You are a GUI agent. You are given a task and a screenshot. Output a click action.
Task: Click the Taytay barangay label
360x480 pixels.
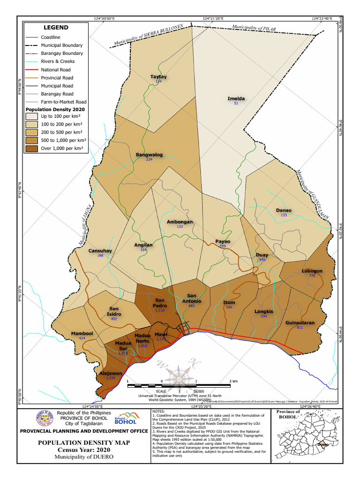click(x=158, y=77)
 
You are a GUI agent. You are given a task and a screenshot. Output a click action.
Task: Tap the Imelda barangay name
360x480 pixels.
click(x=236, y=98)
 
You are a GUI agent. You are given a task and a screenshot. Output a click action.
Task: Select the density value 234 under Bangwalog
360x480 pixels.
click(x=149, y=160)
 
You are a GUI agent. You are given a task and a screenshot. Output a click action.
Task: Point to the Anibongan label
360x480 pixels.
click(x=180, y=222)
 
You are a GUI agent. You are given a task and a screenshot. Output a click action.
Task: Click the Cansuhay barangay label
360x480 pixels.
click(x=100, y=251)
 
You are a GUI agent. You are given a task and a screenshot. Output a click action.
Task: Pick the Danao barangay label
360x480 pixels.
click(x=283, y=210)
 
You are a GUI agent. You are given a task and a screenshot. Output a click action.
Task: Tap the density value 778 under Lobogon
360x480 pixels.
click(x=312, y=276)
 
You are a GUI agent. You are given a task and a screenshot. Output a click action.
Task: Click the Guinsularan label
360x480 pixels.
click(x=300, y=323)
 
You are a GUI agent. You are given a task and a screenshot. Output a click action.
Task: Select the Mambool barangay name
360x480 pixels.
click(x=82, y=333)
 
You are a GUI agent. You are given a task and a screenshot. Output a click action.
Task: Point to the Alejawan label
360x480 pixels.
click(x=111, y=373)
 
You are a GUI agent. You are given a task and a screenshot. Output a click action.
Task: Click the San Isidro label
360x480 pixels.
click(x=114, y=311)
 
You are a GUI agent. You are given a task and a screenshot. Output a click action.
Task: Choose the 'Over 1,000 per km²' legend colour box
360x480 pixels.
click(x=32, y=149)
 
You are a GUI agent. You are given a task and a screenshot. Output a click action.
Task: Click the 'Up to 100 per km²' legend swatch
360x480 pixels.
click(x=32, y=116)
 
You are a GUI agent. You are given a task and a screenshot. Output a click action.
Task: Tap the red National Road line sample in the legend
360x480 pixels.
click(x=32, y=70)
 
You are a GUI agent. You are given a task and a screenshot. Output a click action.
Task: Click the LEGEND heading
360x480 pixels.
click(x=56, y=28)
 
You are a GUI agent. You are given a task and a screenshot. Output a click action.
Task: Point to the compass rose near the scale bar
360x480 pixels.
click(x=180, y=375)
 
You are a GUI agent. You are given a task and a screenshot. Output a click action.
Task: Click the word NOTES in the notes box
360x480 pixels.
click(x=159, y=411)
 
